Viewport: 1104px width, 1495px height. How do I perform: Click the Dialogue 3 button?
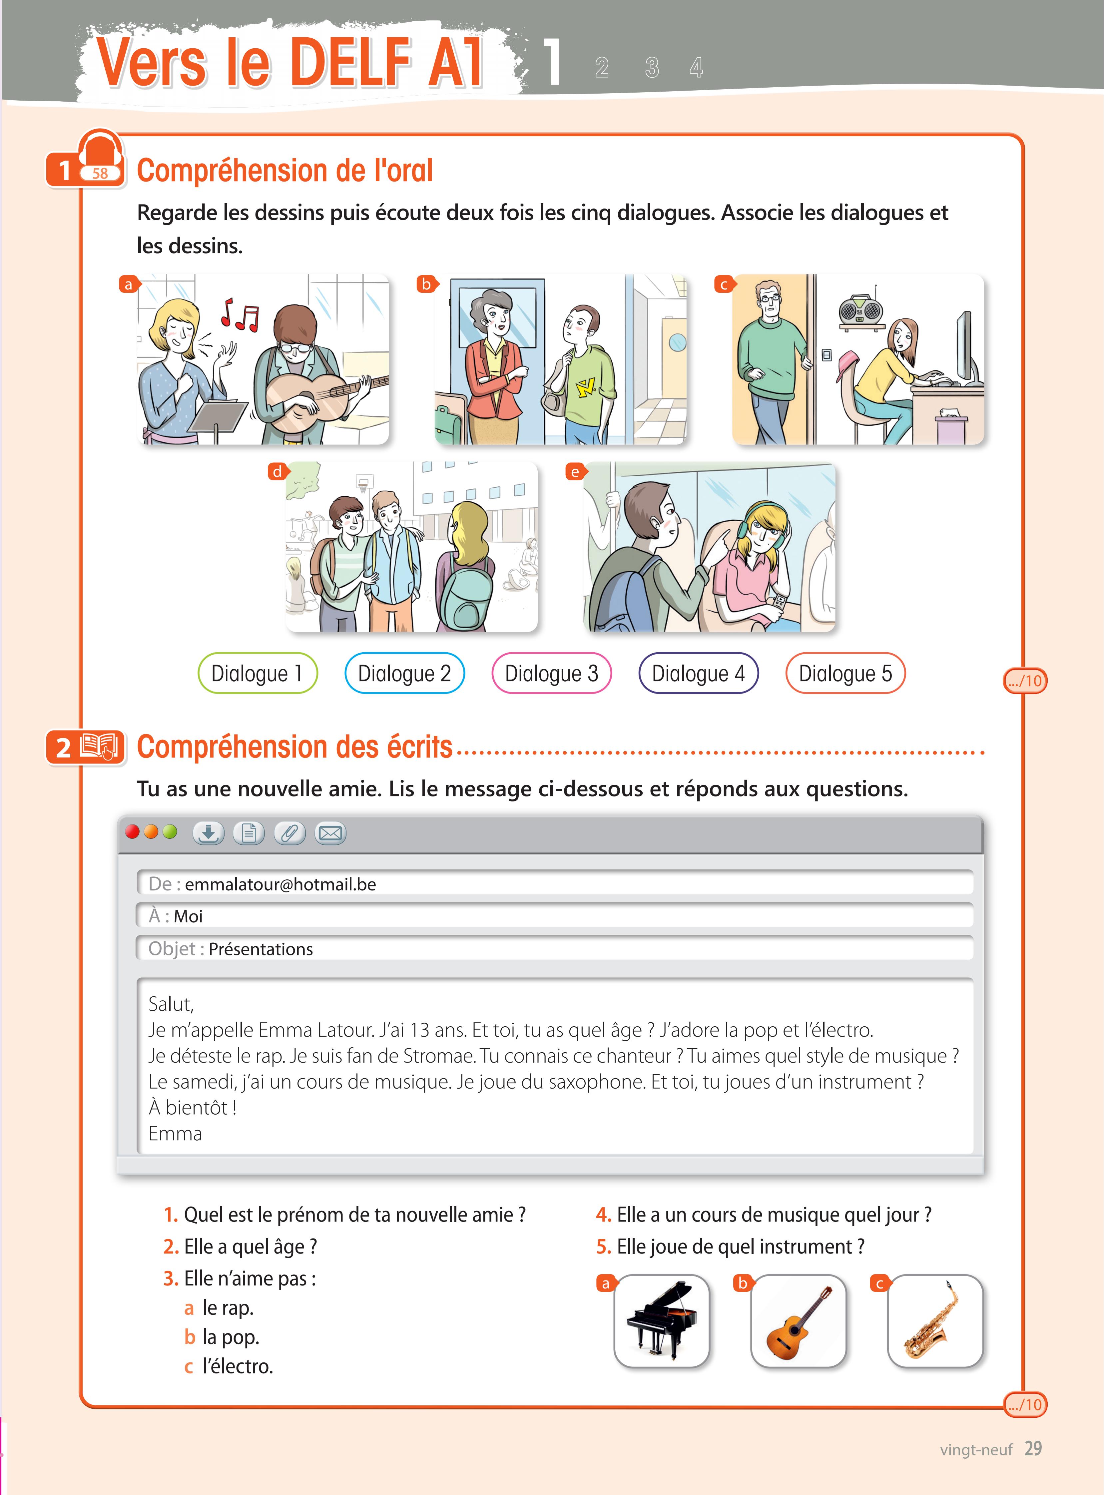[551, 673]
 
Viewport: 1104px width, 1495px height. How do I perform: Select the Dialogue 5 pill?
[845, 673]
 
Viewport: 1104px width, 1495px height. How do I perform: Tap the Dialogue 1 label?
[257, 673]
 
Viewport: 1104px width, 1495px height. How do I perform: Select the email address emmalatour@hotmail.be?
[281, 884]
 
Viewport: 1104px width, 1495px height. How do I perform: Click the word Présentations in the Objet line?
[261, 949]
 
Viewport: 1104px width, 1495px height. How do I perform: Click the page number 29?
[1033, 1448]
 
